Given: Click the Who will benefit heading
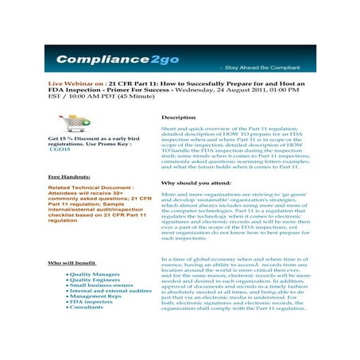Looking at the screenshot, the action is point(72,262).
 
